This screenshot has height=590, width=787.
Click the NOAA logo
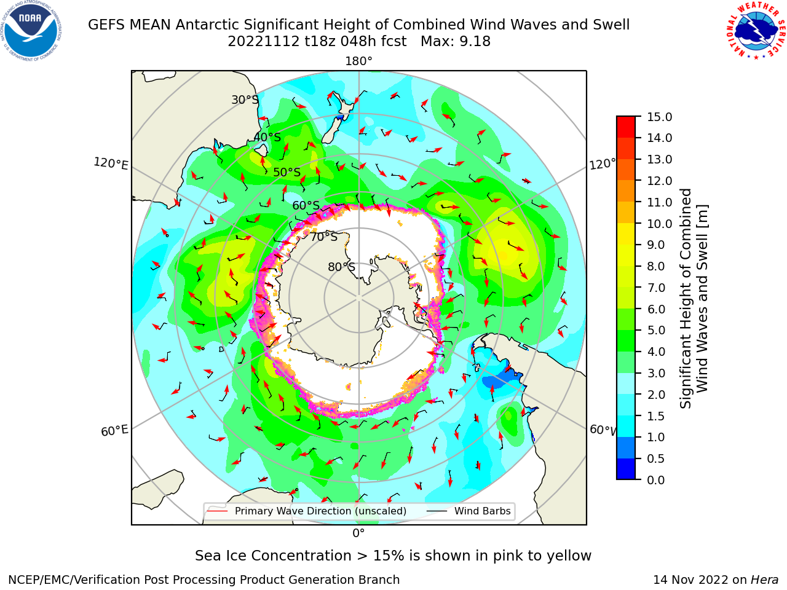(31, 31)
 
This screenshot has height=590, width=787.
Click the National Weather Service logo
(755, 31)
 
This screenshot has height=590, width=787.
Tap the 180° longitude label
(358, 61)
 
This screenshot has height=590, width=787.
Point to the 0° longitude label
(358, 533)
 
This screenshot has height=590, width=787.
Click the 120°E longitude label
(111, 163)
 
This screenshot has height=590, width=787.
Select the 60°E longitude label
(114, 431)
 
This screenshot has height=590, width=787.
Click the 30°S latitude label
(245, 100)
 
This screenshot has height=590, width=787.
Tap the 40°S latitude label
(267, 137)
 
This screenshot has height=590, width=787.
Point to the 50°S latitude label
(287, 172)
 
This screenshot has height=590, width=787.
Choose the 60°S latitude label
(306, 205)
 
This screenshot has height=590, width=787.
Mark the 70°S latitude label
(324, 237)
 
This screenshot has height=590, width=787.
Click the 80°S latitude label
(341, 267)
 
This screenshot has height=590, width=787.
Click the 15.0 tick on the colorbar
(659, 117)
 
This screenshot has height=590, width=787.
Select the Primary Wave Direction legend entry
(307, 511)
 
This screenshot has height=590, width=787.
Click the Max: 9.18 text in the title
(456, 42)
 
